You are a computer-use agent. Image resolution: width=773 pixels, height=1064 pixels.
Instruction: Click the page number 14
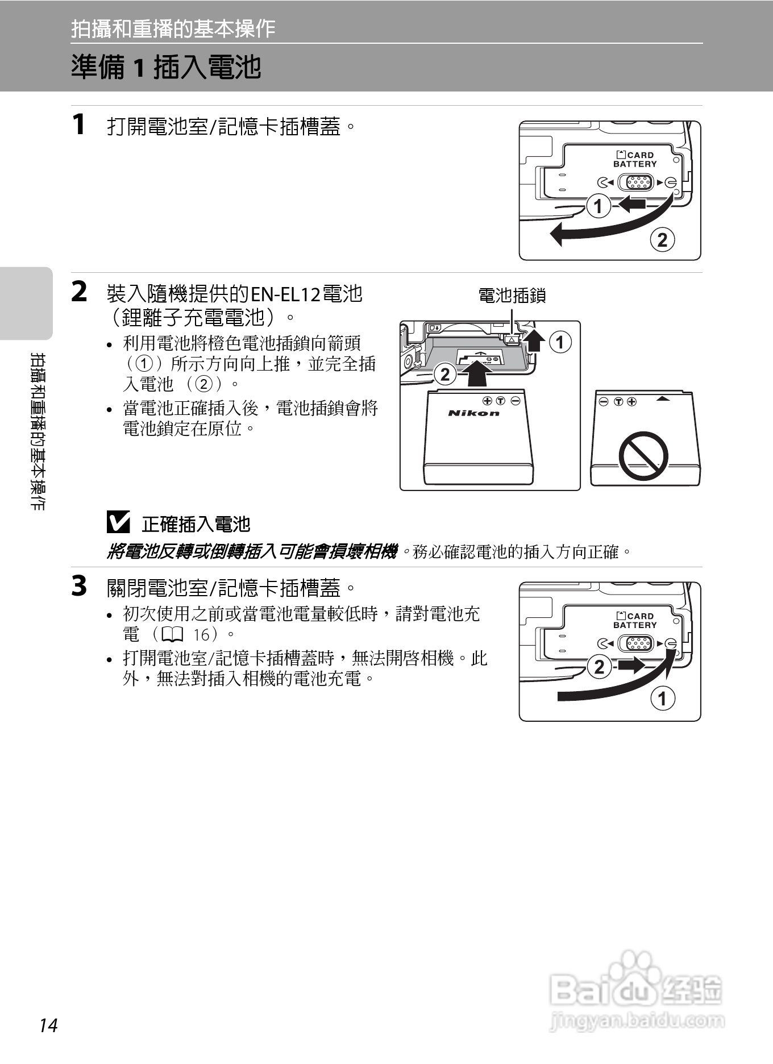tap(49, 1026)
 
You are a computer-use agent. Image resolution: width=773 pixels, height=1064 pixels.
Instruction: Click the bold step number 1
tap(79, 124)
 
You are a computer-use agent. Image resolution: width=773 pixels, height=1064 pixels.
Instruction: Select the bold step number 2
tap(80, 292)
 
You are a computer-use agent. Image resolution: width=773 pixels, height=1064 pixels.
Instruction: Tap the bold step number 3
tap(80, 586)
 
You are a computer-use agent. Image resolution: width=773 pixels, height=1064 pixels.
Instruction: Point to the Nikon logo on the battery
tap(474, 413)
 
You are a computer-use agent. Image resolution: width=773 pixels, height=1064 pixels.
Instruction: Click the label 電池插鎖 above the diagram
tap(512, 295)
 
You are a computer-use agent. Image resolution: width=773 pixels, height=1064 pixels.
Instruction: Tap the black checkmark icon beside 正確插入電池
tap(118, 522)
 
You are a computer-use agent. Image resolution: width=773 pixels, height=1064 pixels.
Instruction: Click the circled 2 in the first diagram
tap(662, 240)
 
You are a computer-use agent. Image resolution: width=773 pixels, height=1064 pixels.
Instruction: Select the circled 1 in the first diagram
tap(598, 206)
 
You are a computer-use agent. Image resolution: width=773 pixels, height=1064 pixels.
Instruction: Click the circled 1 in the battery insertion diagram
tap(560, 342)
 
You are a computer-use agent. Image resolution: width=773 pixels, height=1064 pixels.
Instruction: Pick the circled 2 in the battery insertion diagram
tap(445, 374)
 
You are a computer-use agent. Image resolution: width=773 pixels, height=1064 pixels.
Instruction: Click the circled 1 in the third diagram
tap(662, 698)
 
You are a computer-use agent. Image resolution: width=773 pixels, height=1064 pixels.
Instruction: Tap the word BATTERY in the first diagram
tap(635, 164)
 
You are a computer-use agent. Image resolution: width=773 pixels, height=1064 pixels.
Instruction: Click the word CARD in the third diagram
tap(641, 616)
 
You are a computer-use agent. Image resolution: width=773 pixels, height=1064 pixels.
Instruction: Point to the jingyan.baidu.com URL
tap(637, 1021)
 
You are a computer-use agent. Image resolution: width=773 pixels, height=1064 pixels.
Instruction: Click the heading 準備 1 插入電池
tap(166, 67)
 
